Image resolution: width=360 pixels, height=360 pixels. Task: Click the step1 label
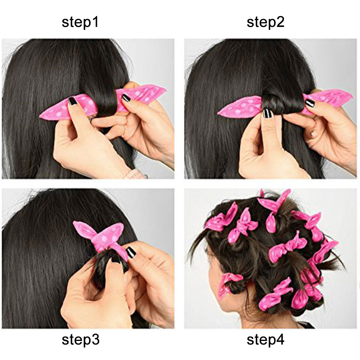(x=80, y=22)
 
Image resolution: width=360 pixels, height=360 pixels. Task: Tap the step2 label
(x=266, y=22)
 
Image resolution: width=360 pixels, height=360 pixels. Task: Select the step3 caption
(x=80, y=340)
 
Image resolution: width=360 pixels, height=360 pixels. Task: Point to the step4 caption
(x=266, y=340)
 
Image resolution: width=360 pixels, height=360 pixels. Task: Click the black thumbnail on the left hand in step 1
(x=72, y=101)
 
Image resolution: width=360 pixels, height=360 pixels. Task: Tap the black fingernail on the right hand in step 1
(x=126, y=98)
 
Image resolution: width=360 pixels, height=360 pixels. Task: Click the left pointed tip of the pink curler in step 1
(x=40, y=116)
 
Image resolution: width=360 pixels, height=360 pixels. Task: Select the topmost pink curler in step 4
(x=274, y=199)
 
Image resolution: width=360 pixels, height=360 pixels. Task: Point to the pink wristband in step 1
(x=135, y=175)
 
